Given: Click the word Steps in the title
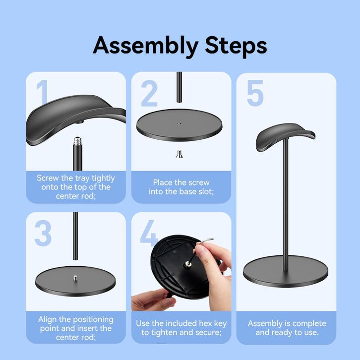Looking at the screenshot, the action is tap(236, 45).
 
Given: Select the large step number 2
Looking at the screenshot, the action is tap(149, 93).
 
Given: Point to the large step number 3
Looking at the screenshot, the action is tap(43, 233).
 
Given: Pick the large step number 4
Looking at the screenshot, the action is tap(148, 233).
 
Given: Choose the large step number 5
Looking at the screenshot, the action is tap(255, 93).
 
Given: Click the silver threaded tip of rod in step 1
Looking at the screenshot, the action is tap(77, 141).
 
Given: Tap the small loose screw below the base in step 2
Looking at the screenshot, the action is tap(180, 154).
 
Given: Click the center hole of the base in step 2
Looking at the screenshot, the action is tap(180, 123).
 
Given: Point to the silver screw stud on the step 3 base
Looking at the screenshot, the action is tap(75, 278).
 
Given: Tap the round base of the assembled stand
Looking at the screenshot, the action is tap(286, 271).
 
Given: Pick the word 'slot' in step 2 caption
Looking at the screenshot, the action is tap(206, 191).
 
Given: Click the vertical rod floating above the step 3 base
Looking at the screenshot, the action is tap(75, 236).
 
